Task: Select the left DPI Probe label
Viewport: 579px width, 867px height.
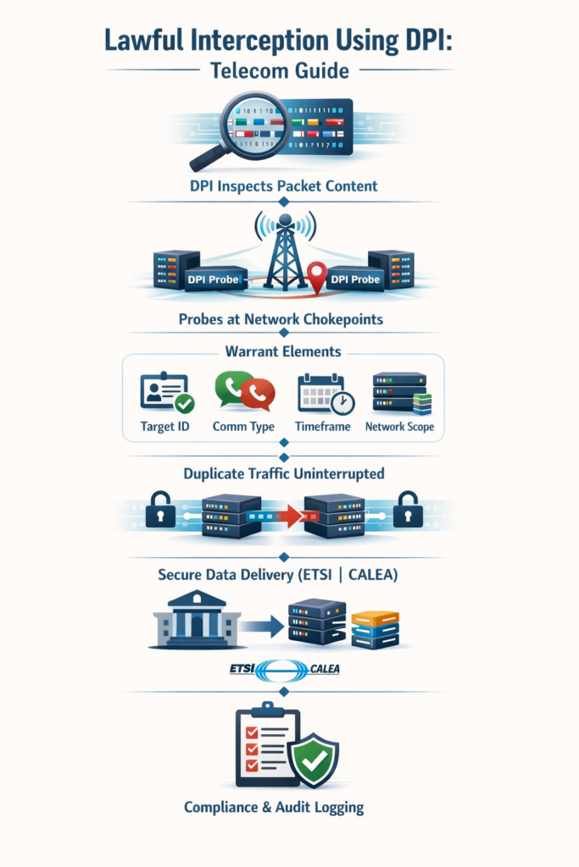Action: (214, 279)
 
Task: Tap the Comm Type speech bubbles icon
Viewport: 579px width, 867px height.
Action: (244, 392)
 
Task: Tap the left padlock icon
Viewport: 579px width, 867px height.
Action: (161, 510)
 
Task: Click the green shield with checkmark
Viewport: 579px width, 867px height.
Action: (314, 759)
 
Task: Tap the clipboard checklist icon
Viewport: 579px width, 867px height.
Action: (264, 744)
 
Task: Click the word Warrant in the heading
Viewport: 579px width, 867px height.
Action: (253, 350)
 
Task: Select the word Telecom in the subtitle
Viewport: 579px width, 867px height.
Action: (245, 72)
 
